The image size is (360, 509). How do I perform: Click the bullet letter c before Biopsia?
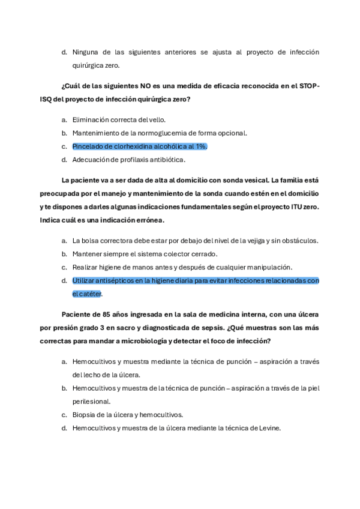click(x=64, y=415)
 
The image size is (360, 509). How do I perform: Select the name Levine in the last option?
click(x=269, y=428)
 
